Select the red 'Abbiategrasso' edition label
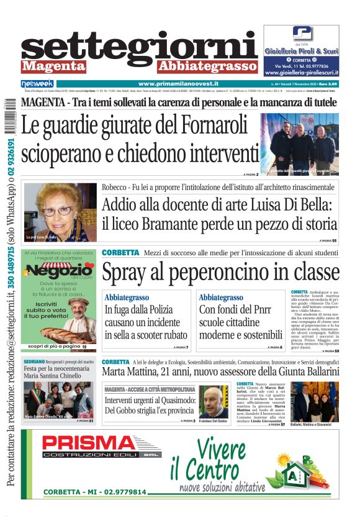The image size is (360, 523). click(207, 66)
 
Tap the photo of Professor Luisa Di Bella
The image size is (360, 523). click(60, 212)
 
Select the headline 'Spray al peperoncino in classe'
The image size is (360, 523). click(220, 273)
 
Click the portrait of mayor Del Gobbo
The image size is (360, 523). click(213, 402)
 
